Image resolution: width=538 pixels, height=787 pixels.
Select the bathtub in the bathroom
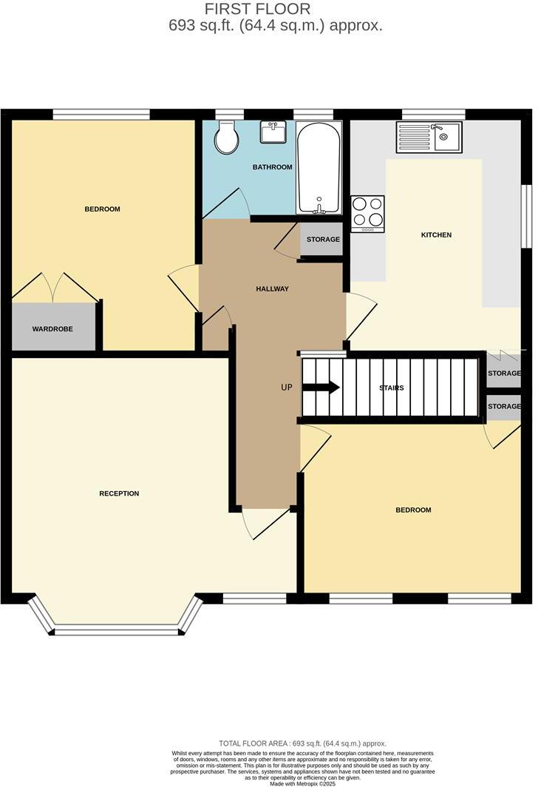pos(319,167)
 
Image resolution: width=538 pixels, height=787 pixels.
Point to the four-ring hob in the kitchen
pos(367,212)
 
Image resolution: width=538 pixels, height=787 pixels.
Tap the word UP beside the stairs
pos(287,387)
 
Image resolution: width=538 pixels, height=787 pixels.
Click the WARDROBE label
pos(52,328)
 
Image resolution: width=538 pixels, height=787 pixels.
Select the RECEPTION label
pos(119,493)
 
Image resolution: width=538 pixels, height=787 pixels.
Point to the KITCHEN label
pos(436,235)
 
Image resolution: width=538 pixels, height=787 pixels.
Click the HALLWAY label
pos(272,288)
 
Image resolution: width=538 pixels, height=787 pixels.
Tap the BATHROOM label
pos(272,167)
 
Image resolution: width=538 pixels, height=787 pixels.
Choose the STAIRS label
pos(391,388)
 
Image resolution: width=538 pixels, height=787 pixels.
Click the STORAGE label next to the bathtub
pos(323,240)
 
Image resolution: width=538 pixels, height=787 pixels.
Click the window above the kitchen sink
pos(433,114)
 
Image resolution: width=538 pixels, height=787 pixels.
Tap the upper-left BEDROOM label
pos(102,209)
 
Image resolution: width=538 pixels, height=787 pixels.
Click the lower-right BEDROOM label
pos(413,510)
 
